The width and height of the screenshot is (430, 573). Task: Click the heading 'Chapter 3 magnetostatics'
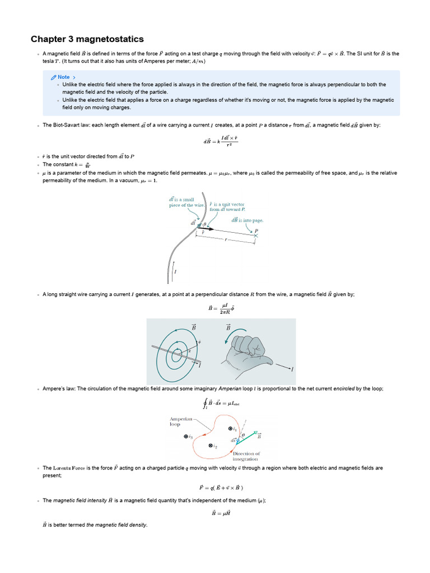[x=87, y=39]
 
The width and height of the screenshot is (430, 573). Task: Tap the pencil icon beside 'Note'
[x=53, y=77]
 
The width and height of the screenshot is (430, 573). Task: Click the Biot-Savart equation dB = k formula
[x=220, y=142]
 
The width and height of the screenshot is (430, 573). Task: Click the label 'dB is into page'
[x=247, y=220]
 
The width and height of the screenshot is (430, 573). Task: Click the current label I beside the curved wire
[x=176, y=272]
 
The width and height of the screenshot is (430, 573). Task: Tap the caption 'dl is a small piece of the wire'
[x=181, y=202]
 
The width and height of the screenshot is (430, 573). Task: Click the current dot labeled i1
[x=230, y=429]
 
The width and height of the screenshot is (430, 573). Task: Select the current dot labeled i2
[x=210, y=446]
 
